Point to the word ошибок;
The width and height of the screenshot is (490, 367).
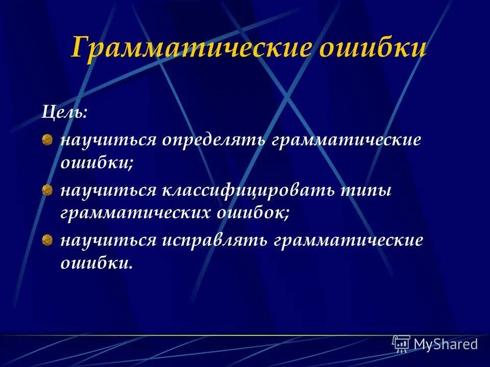(x=252, y=213)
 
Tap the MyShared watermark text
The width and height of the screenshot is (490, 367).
(x=446, y=344)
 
